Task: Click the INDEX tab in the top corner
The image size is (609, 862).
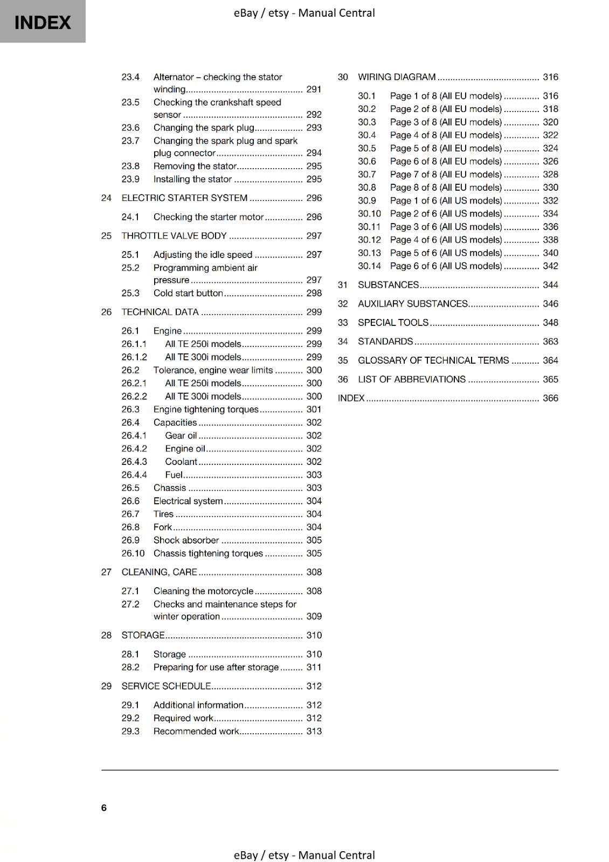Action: [43, 22]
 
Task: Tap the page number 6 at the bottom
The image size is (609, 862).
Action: [104, 808]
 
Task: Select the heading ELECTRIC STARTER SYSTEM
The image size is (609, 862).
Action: [184, 198]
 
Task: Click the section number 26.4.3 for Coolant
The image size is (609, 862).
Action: [134, 462]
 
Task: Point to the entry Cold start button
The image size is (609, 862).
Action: [188, 293]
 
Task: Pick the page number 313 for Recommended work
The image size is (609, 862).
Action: [314, 731]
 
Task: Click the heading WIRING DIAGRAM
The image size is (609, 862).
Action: [397, 77]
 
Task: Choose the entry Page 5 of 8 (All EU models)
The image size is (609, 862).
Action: [446, 148]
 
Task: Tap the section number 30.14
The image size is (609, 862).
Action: [369, 266]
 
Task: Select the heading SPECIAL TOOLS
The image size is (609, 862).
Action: [393, 323]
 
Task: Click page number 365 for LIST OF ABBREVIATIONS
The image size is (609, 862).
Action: [550, 379]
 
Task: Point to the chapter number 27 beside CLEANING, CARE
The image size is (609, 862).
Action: [106, 572]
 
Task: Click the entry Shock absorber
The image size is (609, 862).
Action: [186, 540]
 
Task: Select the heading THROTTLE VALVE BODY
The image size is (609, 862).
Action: [174, 236]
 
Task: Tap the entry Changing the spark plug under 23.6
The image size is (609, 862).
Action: [204, 128]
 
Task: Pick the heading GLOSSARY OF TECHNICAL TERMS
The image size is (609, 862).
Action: [433, 360]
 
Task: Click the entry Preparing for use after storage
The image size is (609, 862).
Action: [216, 667]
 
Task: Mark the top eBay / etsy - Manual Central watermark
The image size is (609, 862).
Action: [304, 13]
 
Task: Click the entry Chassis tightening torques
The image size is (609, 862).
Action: [208, 553]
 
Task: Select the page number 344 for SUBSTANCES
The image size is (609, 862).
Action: [550, 285]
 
